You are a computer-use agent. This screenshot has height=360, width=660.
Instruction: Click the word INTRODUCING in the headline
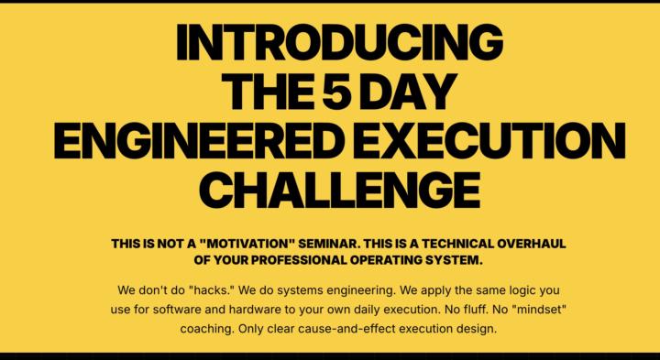coord(339,41)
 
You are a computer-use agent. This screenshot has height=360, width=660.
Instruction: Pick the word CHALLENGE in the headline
coord(339,190)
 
